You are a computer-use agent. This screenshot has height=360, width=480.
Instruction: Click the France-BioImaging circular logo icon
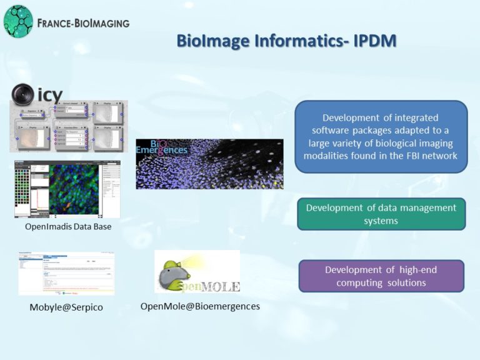click(18, 21)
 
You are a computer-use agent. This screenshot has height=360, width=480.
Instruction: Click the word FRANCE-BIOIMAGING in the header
click(83, 23)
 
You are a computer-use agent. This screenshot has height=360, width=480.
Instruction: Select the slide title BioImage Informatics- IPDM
click(286, 41)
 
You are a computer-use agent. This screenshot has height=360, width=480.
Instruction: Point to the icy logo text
click(50, 95)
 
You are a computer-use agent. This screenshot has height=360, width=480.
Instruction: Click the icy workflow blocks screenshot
click(69, 127)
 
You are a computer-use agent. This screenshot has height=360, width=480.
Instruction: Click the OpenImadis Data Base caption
click(68, 226)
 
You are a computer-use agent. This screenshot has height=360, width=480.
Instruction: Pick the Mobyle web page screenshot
click(66, 273)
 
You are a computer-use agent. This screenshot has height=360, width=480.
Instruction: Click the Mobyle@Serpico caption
click(66, 307)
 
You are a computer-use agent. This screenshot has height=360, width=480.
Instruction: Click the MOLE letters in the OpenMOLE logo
click(218, 286)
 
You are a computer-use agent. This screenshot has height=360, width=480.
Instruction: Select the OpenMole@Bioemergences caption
click(196, 306)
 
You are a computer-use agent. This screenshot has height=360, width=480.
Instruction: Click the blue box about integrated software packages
click(381, 136)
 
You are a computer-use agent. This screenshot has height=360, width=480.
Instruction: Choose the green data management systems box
click(381, 214)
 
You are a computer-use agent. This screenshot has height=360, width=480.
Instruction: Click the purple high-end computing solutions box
click(381, 276)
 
